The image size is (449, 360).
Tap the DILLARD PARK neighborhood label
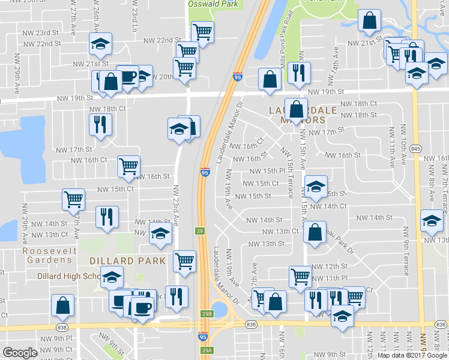coord(127,261)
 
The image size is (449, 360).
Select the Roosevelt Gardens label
coord(49,255)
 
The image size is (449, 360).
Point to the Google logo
coord(20,353)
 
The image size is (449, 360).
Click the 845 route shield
coord(416,149)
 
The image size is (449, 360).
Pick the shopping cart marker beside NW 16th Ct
coord(129,165)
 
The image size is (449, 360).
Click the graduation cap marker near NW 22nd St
coord(101,43)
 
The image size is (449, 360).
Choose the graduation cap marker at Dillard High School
coord(111,277)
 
